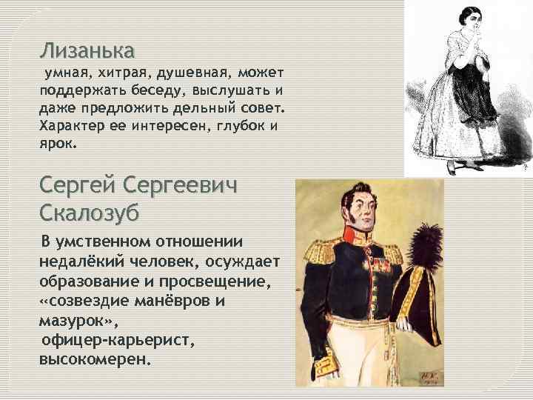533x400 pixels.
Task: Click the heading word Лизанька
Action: tap(87, 50)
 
